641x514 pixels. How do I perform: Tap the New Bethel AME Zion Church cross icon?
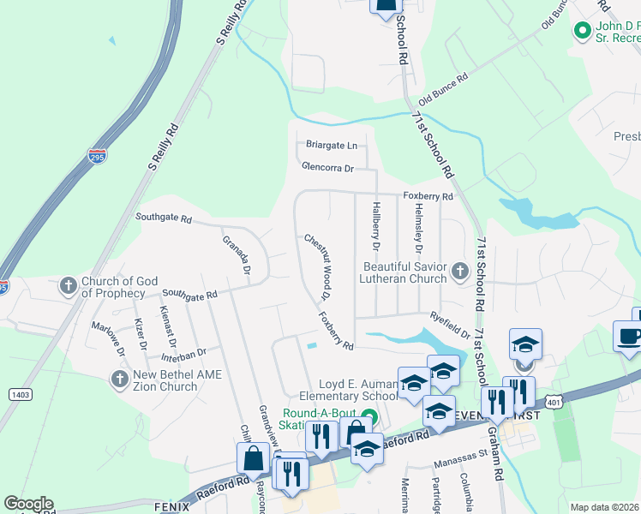(x=119, y=377)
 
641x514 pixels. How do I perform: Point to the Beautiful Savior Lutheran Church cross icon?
(x=459, y=272)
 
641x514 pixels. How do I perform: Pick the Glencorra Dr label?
(x=327, y=168)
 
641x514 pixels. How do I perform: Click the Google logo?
(x=28, y=504)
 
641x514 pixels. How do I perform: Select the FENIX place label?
(x=171, y=505)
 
